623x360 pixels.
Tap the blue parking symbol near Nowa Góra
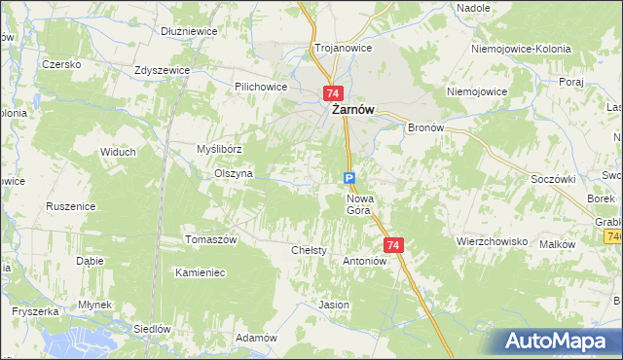(x=349, y=177)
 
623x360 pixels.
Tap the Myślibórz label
(x=219, y=149)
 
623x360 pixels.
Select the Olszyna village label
(x=234, y=173)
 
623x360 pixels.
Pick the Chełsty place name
(x=309, y=250)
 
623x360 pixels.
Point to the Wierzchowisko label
(x=492, y=240)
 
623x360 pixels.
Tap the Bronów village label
(x=425, y=127)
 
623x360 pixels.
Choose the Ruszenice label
(x=70, y=206)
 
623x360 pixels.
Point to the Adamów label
(x=257, y=338)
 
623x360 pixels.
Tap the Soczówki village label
(x=553, y=179)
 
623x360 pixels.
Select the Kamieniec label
(x=200, y=272)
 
